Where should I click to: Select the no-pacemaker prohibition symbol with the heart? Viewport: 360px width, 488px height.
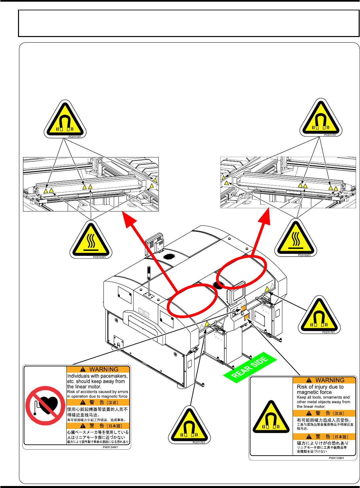pos(45,406)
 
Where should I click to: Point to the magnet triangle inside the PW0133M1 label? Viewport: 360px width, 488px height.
pos(271,418)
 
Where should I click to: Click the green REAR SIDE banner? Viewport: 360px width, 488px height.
pos(250,367)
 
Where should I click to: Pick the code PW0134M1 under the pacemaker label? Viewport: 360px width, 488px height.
pos(110,447)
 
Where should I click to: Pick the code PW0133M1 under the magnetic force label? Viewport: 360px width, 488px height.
pos(336,458)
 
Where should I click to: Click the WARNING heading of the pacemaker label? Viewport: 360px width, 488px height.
pos(104,369)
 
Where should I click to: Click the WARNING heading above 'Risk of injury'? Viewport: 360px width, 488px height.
pos(330,380)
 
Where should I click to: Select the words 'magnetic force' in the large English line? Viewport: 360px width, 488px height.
pos(314,392)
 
